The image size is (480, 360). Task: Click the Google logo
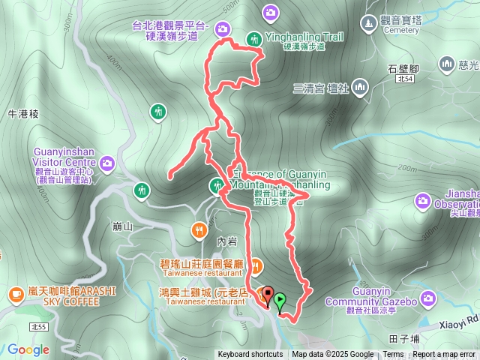pyautogui.click(x=28, y=349)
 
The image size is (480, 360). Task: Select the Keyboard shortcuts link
pyautogui.click(x=250, y=355)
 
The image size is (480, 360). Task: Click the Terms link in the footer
pyautogui.click(x=393, y=355)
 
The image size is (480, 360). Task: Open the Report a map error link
pyautogui.click(x=445, y=355)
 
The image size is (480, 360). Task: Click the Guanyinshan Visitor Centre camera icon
pyautogui.click(x=107, y=163)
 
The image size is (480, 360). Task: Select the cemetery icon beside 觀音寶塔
pyautogui.click(x=367, y=25)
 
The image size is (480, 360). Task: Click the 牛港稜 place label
pyautogui.click(x=22, y=114)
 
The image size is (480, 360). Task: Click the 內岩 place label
pyautogui.click(x=226, y=241)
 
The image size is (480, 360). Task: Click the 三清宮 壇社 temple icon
pyautogui.click(x=361, y=87)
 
